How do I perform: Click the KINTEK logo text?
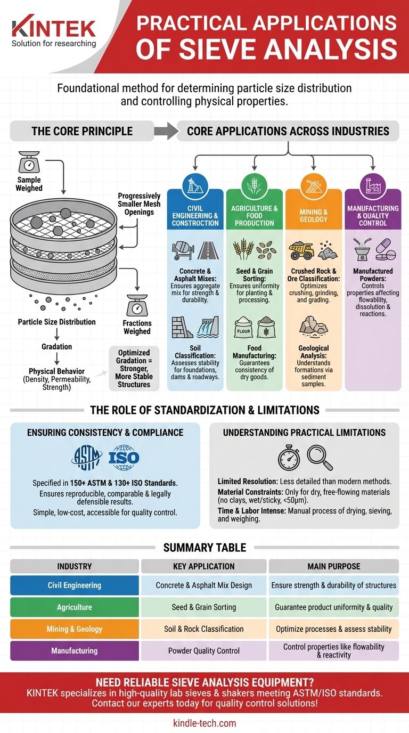(53, 28)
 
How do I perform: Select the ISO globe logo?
(124, 457)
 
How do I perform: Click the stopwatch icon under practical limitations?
(289, 457)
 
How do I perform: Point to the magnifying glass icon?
(320, 457)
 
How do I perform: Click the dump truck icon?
(301, 250)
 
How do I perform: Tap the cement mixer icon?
(183, 250)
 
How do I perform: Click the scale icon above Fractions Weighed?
(137, 307)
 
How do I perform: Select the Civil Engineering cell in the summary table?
(75, 585)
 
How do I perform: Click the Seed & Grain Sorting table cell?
(204, 607)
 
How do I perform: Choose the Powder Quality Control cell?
(204, 650)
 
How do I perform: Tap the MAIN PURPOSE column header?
(333, 566)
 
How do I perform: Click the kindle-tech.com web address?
(204, 723)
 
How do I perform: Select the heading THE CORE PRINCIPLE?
(82, 131)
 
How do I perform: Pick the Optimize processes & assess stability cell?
(333, 629)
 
